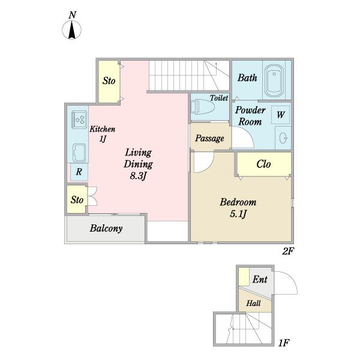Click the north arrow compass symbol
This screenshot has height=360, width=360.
pos(72,29)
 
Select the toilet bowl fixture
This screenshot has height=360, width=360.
pos(203,107)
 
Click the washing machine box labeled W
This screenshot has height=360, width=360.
pos(280,115)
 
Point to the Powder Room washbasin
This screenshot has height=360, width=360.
pos(283,138)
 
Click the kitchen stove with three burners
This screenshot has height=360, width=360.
pos(79,119)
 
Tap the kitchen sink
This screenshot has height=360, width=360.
pos(79,152)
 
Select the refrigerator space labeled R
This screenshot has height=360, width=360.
pos(79,172)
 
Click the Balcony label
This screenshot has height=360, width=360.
pos(106,229)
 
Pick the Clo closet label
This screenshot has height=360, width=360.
pos(263,164)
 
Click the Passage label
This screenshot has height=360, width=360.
pos(209,139)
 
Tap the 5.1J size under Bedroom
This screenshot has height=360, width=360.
pos(238,214)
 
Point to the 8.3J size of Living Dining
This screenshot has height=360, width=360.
pos(138,176)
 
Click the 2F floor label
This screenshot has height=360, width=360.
pos(288,251)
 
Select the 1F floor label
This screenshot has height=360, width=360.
pos(284,343)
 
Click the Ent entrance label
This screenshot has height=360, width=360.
pos(260,280)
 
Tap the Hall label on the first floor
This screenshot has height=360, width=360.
pos(253,303)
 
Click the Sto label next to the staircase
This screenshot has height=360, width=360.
pos(109,81)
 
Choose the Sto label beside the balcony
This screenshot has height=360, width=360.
pos(77,200)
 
